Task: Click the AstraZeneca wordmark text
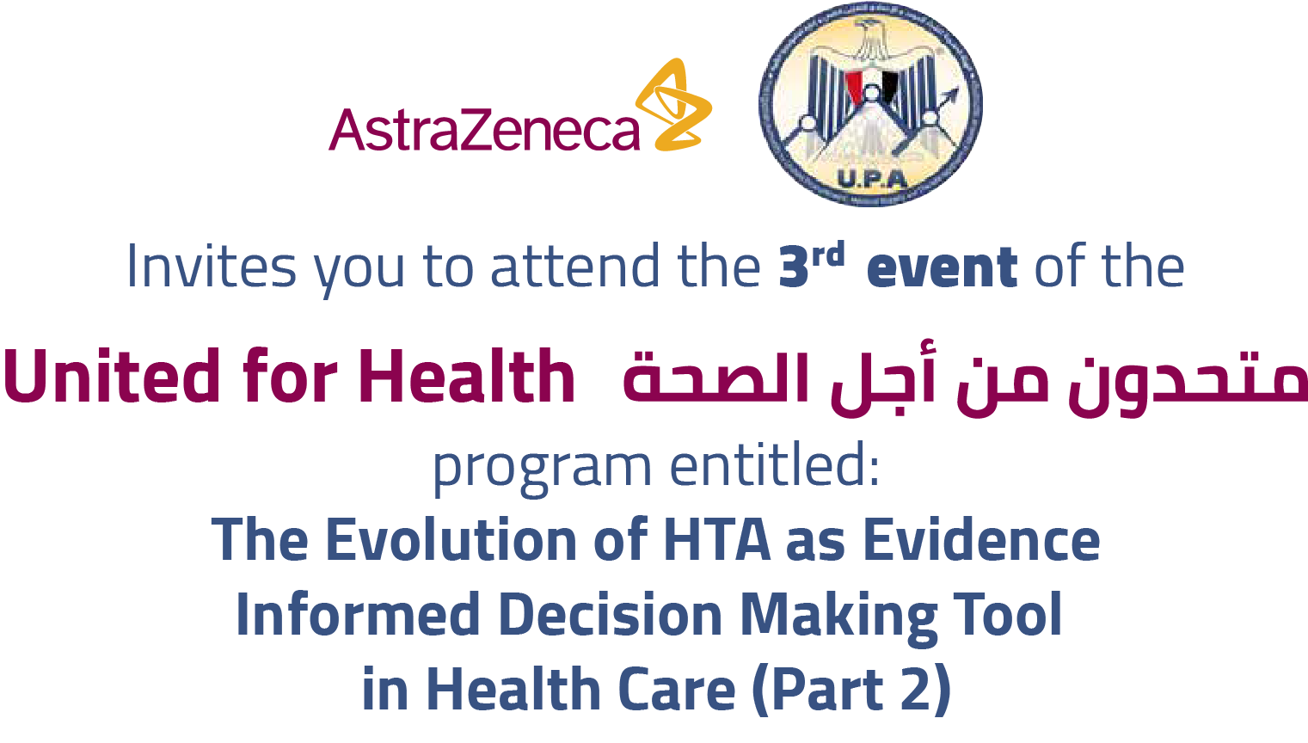pos(484,130)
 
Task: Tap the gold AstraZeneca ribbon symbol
pos(673,105)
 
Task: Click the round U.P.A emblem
pos(870,105)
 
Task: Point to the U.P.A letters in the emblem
pos(872,179)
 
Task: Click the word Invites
pos(212,267)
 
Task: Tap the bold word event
pos(943,267)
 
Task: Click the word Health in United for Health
pos(467,376)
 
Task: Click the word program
pos(542,470)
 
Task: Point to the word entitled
pos(774,465)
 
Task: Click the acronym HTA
pos(717,540)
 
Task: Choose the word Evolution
pos(451,540)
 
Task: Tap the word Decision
pos(611,615)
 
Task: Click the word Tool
pos(1007,615)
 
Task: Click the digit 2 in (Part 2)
pos(917,690)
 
